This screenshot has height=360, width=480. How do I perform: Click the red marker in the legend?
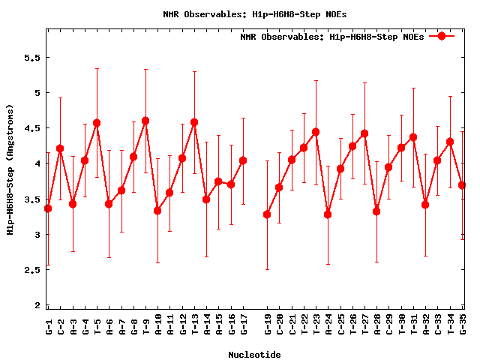(x=442, y=36)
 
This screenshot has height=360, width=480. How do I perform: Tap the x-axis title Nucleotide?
(x=255, y=355)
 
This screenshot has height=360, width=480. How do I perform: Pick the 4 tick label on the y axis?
(x=35, y=164)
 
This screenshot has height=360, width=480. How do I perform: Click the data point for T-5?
(x=97, y=123)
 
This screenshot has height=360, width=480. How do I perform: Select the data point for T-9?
(x=145, y=121)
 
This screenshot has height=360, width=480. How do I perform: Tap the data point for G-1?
(x=48, y=208)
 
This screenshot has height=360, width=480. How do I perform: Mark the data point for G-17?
(x=243, y=160)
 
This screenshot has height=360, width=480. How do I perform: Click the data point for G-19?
(x=267, y=214)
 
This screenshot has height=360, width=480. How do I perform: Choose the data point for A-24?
(x=328, y=214)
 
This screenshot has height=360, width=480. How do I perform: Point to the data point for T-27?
(x=364, y=133)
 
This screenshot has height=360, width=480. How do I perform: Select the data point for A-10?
(x=157, y=211)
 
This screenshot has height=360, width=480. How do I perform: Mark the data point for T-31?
(x=413, y=137)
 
